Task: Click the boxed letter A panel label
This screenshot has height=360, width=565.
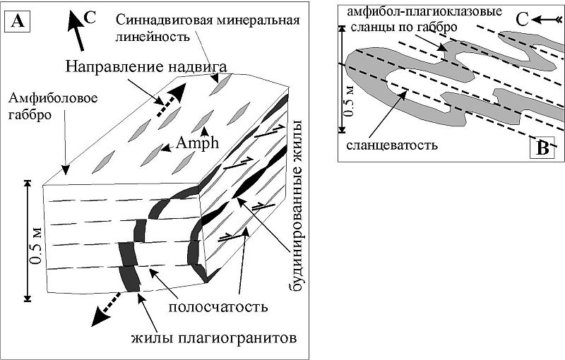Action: pos(17,21)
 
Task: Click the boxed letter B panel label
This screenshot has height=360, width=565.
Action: pos(542,148)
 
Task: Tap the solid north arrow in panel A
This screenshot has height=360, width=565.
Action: pos(76,30)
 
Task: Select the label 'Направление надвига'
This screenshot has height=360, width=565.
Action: pos(146,66)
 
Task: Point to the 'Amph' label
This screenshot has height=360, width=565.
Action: pos(198,143)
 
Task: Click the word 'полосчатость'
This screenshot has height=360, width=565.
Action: pos(218,307)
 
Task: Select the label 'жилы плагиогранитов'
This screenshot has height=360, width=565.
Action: pos(214,338)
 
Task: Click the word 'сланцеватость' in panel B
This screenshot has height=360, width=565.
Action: pos(392,145)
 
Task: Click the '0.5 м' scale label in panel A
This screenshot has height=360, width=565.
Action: pos(37,246)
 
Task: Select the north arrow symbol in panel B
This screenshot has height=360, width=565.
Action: pos(546,20)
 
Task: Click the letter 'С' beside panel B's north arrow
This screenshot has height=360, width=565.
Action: pos(522,20)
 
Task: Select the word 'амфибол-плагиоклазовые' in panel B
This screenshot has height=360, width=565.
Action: pos(424,11)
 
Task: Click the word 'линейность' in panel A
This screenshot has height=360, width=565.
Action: pos(153,36)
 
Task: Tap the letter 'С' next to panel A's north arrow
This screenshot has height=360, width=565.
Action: pos(90,17)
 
